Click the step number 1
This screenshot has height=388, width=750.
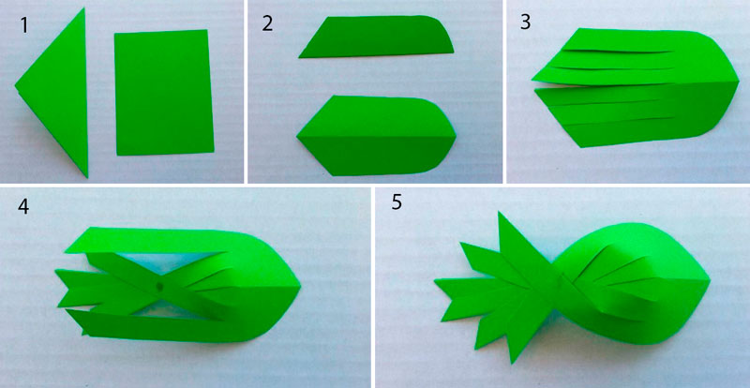24,26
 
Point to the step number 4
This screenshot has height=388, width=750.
23,207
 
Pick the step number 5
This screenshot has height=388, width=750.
397,202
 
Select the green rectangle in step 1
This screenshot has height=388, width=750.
163,93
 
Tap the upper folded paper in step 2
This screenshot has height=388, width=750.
378,37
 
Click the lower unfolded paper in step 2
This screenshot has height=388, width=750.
376,135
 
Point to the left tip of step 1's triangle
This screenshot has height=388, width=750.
15,86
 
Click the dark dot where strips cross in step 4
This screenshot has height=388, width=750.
159,286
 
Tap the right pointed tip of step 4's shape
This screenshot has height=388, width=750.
300,287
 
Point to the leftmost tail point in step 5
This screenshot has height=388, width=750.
435,282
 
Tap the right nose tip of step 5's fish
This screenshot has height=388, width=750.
711,280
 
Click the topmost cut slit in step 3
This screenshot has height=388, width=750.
617,51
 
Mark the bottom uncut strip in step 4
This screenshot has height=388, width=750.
162,327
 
